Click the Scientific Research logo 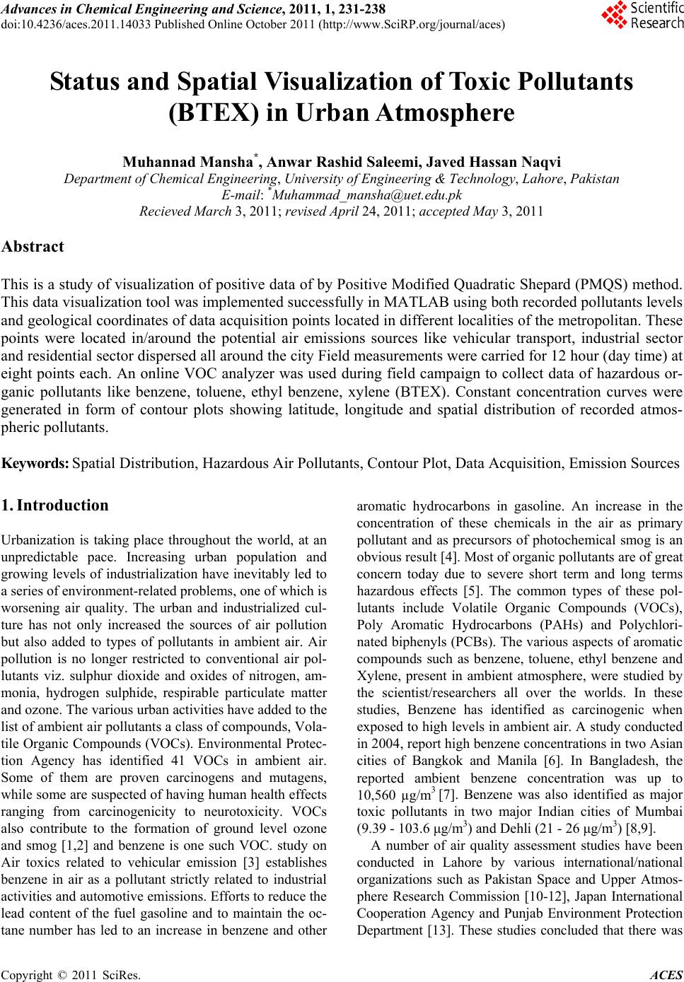(642, 16)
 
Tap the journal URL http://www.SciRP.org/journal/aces (412, 24)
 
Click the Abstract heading (33, 247)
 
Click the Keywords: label (36, 464)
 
